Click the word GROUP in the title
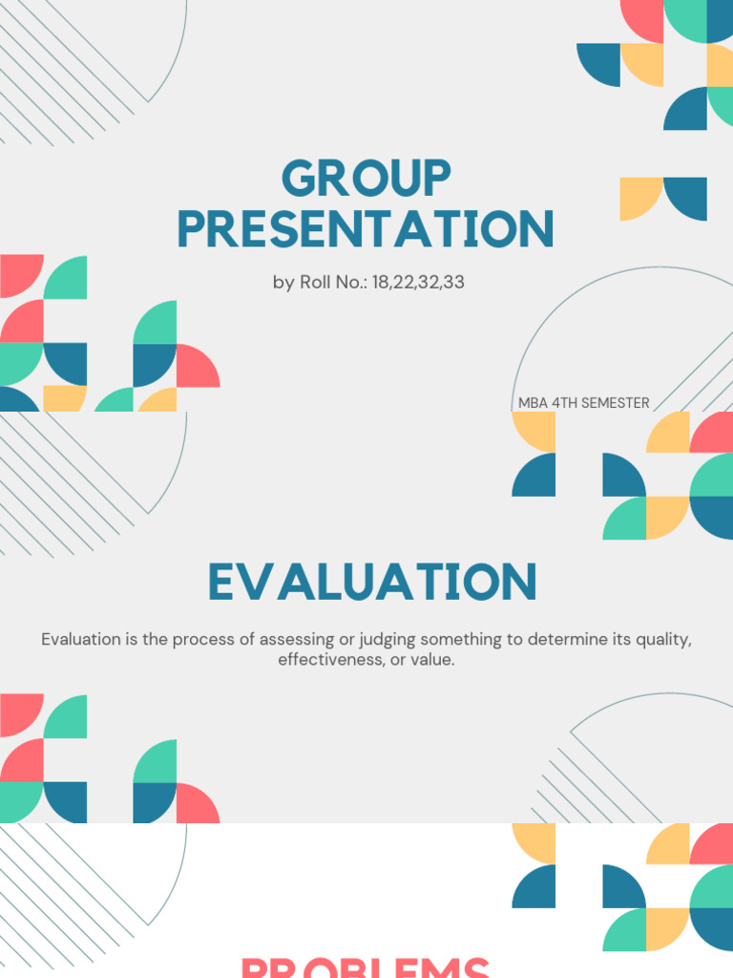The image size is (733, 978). pyautogui.click(x=366, y=180)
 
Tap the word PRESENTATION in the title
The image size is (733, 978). pyautogui.click(x=366, y=229)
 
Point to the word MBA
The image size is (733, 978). pyautogui.click(x=533, y=403)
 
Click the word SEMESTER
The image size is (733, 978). pyautogui.click(x=615, y=403)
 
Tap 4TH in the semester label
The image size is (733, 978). pyautogui.click(x=564, y=403)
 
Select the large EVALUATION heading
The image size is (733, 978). pyautogui.click(x=372, y=583)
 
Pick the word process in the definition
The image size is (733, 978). pyautogui.click(x=199, y=639)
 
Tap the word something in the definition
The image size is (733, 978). pyautogui.click(x=463, y=639)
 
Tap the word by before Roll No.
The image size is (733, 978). pyautogui.click(x=283, y=283)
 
